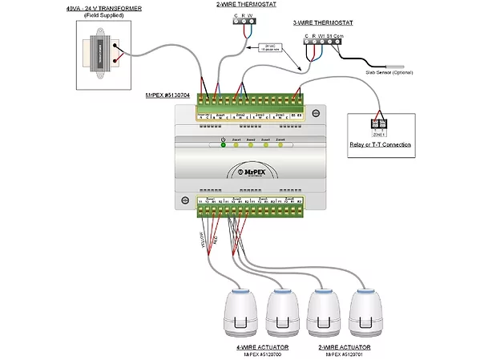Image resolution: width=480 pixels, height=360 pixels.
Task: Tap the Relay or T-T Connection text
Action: click(380, 145)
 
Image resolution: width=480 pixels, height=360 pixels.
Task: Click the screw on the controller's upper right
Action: click(315, 111)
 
